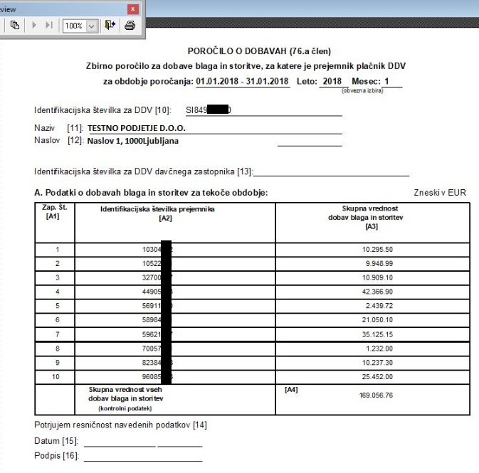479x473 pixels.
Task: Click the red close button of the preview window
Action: [132, 9]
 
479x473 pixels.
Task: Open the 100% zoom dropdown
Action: [91, 26]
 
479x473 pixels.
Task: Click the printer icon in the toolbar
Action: [130, 26]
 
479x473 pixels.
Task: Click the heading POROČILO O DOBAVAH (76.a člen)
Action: [259, 51]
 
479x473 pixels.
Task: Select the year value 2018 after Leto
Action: [332, 81]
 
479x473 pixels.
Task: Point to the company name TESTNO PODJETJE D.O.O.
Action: [133, 129]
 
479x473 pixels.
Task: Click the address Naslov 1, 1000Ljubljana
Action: [132, 141]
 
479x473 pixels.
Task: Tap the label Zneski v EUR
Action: [441, 193]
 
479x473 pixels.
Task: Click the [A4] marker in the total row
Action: [291, 390]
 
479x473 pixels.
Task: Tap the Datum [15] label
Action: [56, 442]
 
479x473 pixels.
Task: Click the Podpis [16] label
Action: [56, 456]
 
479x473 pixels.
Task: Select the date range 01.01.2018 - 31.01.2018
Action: [243, 81]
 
